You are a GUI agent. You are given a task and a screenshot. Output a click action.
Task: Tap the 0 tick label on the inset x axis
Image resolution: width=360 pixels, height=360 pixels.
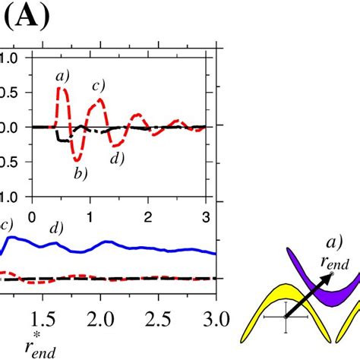coord(31,216)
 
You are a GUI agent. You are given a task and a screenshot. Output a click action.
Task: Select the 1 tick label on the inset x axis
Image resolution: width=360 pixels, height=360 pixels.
coord(90,216)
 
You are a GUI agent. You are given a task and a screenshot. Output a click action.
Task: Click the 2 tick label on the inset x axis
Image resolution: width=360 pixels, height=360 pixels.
coord(149,216)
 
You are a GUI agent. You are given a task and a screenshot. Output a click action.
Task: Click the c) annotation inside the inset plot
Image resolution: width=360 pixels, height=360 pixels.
coord(99,85)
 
